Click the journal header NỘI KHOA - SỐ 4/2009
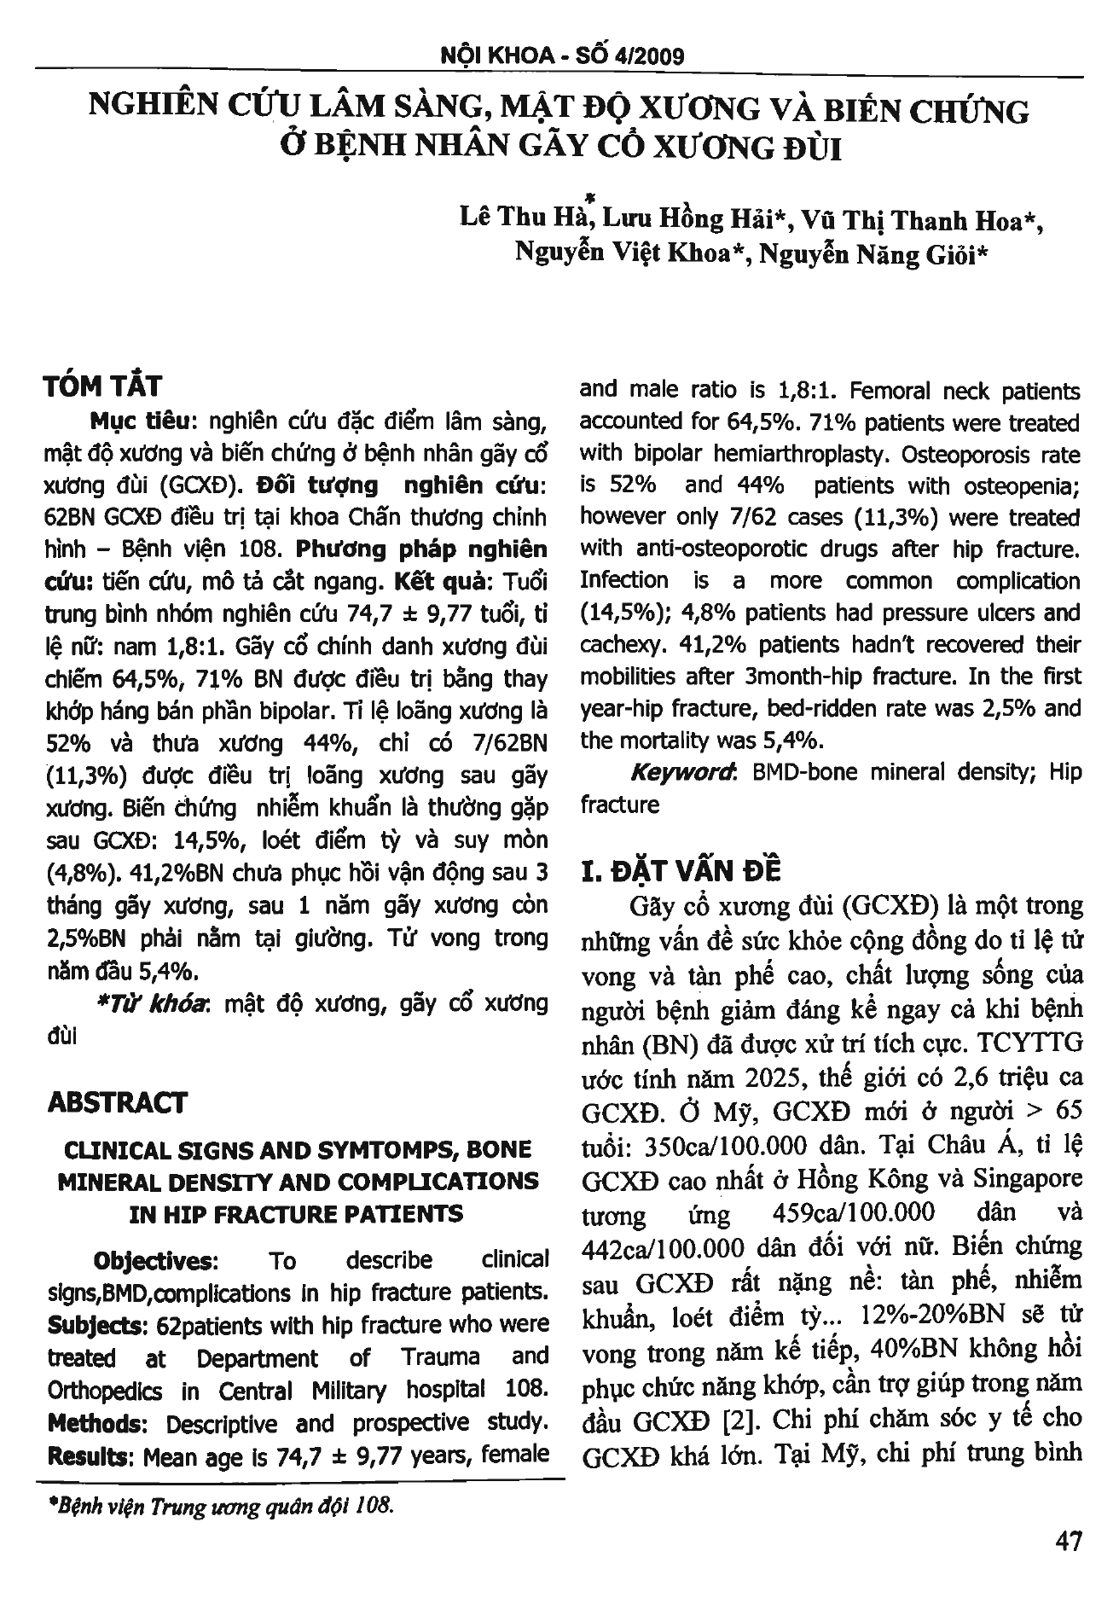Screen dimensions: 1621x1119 560,56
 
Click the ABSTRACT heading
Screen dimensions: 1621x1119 117,1102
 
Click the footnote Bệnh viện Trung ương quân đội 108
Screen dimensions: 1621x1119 223,1506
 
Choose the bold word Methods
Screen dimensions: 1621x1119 94,1423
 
